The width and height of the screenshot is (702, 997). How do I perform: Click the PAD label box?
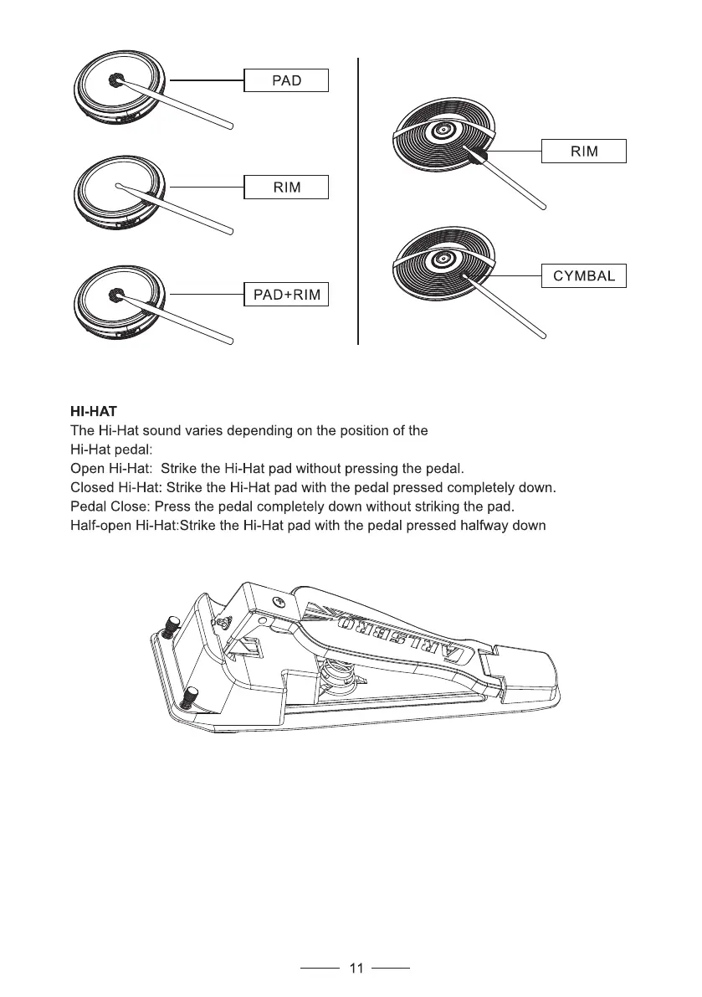pos(285,80)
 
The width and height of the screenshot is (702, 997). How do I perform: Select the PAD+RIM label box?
pos(285,295)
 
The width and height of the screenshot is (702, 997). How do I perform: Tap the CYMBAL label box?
pos(584,275)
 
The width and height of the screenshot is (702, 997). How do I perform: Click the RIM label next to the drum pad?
pos(285,187)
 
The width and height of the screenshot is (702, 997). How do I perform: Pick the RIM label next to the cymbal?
pos(584,152)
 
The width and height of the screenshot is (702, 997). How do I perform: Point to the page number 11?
pos(356,969)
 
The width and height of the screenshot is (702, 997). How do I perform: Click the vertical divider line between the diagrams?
pos(358,201)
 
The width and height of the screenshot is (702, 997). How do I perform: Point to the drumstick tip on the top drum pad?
pos(116,80)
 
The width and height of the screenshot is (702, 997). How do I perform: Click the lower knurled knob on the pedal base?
pos(192,695)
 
